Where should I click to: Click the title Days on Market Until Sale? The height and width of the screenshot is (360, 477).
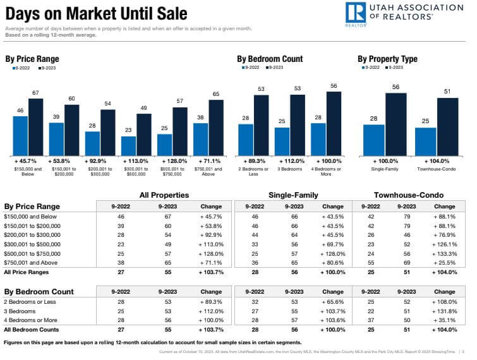[x=97, y=13]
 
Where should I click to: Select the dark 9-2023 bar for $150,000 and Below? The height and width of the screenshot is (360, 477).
[x=36, y=126]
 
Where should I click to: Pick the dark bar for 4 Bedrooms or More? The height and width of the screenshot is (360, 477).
[x=334, y=123]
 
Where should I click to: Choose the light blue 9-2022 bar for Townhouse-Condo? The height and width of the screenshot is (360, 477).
[x=426, y=141]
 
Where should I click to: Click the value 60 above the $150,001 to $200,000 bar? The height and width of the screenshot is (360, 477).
[x=72, y=99]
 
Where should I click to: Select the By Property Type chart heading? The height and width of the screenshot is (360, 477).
[x=387, y=59]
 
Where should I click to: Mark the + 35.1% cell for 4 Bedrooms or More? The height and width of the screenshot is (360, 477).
[x=445, y=320]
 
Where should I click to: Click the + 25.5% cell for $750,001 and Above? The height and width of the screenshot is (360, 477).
[x=445, y=262]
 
